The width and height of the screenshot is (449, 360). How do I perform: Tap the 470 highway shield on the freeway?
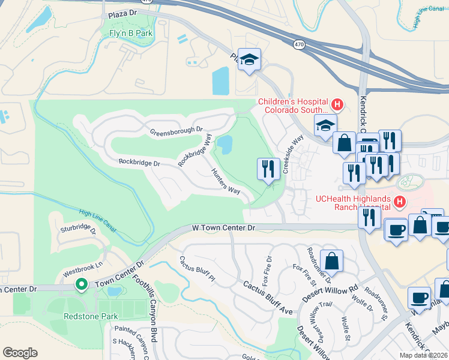[x=298, y=44]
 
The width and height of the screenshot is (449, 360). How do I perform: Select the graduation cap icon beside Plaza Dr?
[x=249, y=60]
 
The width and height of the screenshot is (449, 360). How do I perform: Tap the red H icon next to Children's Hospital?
[x=337, y=106]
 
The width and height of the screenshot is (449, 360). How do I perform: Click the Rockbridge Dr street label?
[x=139, y=163]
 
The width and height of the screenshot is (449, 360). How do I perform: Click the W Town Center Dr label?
[x=224, y=228]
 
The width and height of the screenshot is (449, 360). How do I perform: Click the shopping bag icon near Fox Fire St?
[x=331, y=261]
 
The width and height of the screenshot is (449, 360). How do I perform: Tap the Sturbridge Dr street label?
[x=77, y=228]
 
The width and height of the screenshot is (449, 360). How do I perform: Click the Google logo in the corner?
[x=20, y=353]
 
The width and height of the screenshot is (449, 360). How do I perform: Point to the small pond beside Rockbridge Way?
[x=224, y=145]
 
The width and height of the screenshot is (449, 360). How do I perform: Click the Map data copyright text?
[x=423, y=355]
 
